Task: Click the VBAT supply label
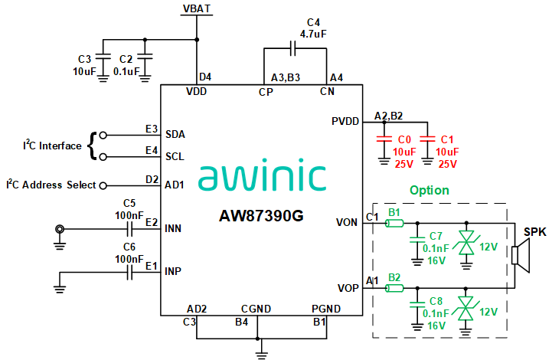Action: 198,8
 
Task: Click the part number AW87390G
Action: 261,215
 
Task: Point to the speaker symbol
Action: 521,255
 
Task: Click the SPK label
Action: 534,232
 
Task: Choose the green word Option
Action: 430,190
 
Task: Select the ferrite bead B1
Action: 395,223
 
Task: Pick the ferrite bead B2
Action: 395,288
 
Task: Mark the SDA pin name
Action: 175,134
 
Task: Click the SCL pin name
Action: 175,156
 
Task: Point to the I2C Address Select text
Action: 51,185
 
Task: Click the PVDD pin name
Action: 345,121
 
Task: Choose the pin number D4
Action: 205,77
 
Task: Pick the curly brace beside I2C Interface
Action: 93,145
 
